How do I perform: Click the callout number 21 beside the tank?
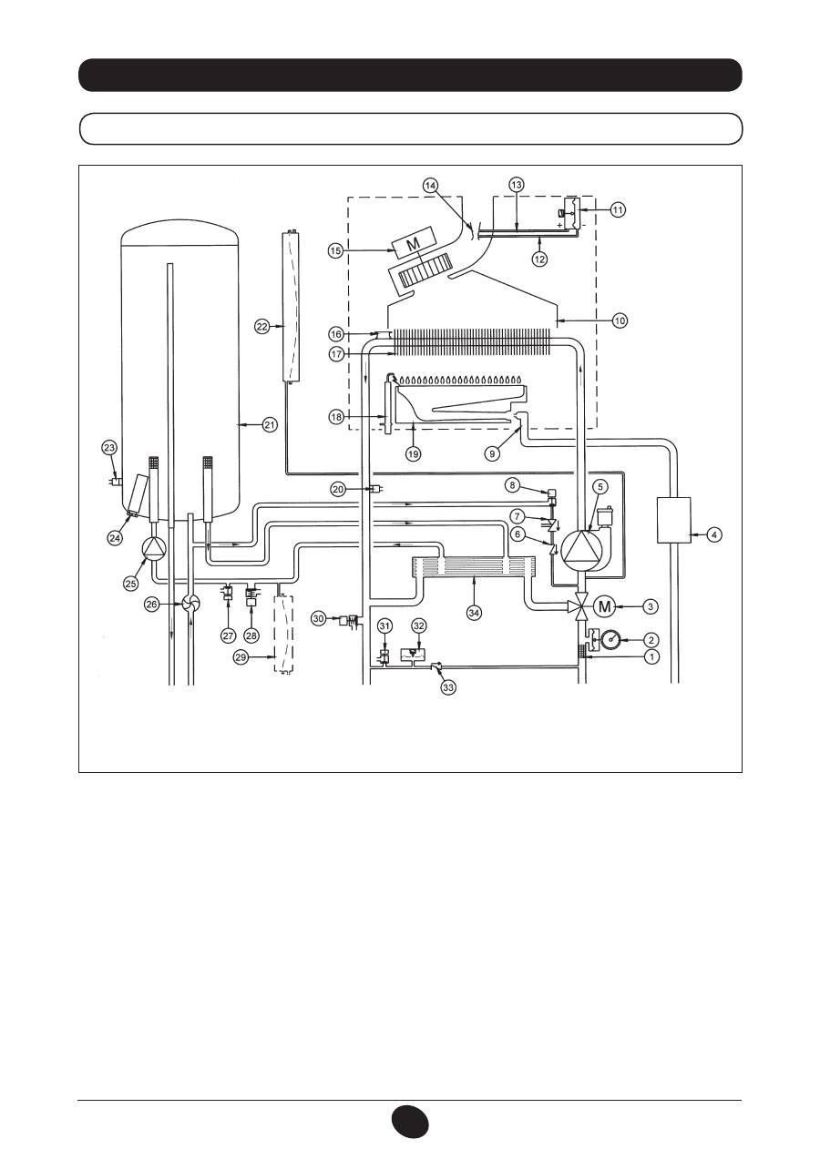[269, 425]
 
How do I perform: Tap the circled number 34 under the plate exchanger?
[474, 613]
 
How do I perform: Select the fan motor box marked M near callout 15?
[414, 243]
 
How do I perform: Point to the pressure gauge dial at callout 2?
[611, 639]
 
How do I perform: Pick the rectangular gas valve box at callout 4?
[673, 520]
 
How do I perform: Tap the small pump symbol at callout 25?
[153, 550]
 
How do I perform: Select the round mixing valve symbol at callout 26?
[190, 604]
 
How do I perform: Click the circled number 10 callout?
[620, 320]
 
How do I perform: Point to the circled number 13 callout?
[516, 184]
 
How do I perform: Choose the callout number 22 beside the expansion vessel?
[262, 327]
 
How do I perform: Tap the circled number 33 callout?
[448, 687]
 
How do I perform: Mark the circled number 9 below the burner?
[492, 453]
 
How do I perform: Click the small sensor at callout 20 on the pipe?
[374, 488]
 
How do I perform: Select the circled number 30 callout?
[320, 618]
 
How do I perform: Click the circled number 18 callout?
[336, 416]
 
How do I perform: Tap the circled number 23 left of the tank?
[109, 448]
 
